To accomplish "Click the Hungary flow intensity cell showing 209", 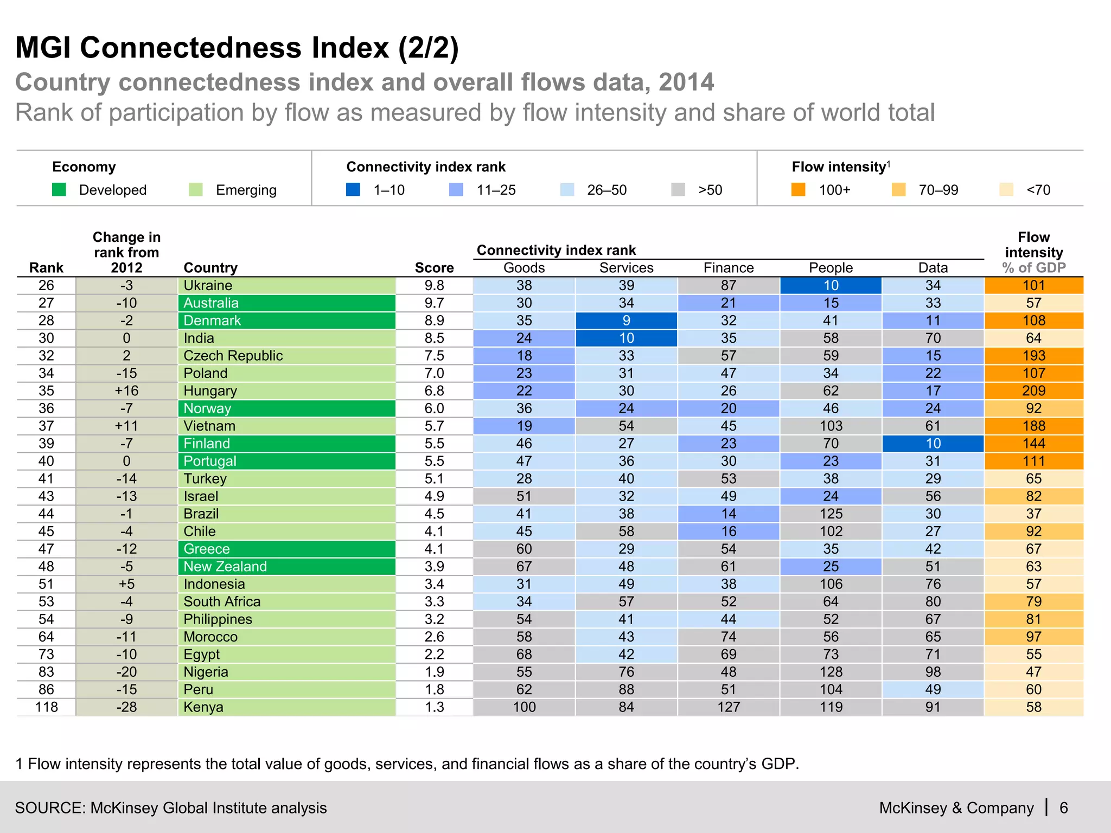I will coord(1033,391).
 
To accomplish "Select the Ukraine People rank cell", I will coord(831,286).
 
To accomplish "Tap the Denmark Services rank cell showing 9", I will coord(626,321).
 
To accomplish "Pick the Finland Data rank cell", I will coord(933,444).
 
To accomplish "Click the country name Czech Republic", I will coord(233,356).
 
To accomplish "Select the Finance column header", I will coord(728,268).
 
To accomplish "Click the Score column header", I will coord(434,268).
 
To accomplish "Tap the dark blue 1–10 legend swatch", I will coord(353,190).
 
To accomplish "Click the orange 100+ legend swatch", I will coord(798,190).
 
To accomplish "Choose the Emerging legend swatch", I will coord(195,190).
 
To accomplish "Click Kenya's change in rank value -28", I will coord(126,707).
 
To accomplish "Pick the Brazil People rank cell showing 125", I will coord(831,514).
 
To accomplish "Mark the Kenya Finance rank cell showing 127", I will coord(728,707).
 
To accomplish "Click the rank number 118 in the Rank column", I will coord(46,707).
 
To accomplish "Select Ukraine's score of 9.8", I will coord(434,286).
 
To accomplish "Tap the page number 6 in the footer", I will coord(1064,808).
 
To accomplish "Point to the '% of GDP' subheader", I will coord(1033,268).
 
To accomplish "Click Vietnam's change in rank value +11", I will coord(126,426).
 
